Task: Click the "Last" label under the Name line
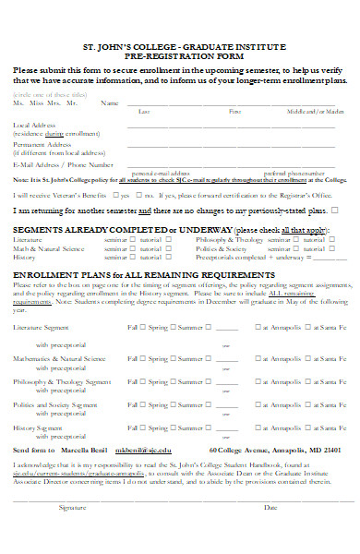(x=143, y=111)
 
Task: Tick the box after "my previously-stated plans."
(x=334, y=211)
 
